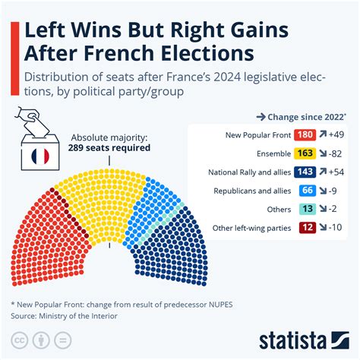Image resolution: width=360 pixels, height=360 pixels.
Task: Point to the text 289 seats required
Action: [110, 148]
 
